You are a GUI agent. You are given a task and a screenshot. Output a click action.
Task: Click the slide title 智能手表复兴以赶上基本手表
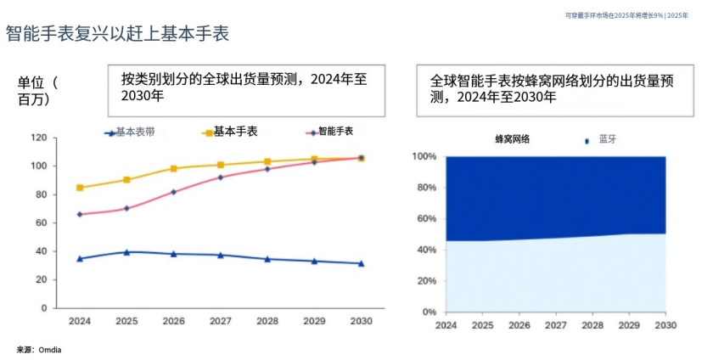point(117,34)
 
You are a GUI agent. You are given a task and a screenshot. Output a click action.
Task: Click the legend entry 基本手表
point(235,132)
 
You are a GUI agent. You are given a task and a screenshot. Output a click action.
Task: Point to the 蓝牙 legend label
point(608,139)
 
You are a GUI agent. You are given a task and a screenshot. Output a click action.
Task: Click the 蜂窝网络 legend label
point(512,139)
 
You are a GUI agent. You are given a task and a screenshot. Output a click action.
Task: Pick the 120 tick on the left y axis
point(38,138)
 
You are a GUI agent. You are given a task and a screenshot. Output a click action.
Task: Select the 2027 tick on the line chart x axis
point(220,322)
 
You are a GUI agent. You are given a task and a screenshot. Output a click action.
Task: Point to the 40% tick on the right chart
point(425,250)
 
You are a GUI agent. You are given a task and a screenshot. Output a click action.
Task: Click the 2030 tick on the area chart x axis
point(665,325)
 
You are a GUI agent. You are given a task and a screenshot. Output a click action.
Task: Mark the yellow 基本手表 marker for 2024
point(80,188)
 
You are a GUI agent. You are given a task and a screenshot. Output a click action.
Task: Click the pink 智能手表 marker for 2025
point(126,208)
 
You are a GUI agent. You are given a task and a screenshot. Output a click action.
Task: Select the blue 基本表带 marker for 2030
point(361,263)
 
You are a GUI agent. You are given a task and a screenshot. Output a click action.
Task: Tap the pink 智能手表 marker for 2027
point(221,177)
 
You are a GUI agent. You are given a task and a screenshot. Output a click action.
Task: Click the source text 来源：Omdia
point(39,349)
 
